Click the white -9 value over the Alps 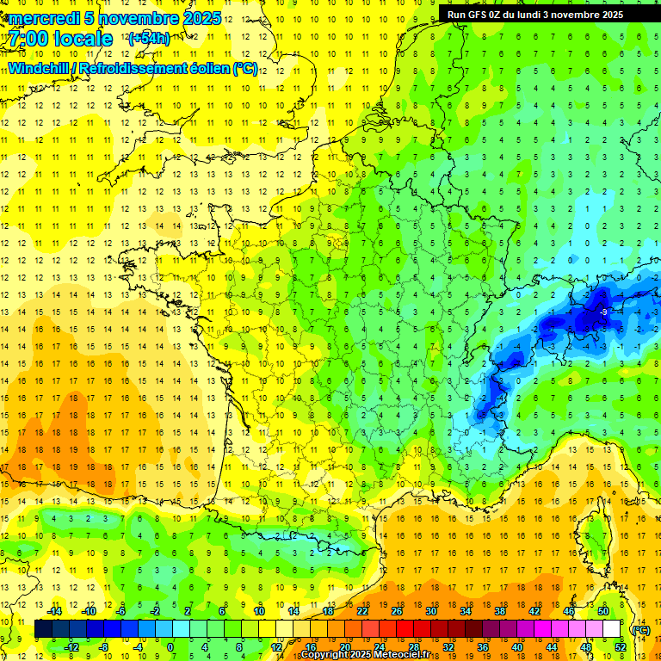pyautogui.click(x=604, y=312)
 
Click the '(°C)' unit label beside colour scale pyautogui.click(x=640, y=629)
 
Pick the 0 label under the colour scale pyautogui.click(x=170, y=647)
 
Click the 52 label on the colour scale pyautogui.click(x=620, y=647)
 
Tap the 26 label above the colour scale pyautogui.click(x=397, y=611)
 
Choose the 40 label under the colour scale pyautogui.click(x=516, y=647)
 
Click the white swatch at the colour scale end pyautogui.click(x=611, y=629)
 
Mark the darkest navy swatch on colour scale pyautogui.click(x=43, y=629)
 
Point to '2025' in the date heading pyautogui.click(x=201, y=18)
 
